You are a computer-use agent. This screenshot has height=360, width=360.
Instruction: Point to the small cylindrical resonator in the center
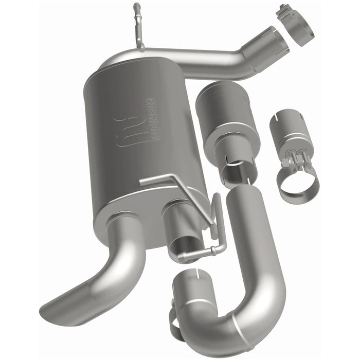[x=224, y=118]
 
